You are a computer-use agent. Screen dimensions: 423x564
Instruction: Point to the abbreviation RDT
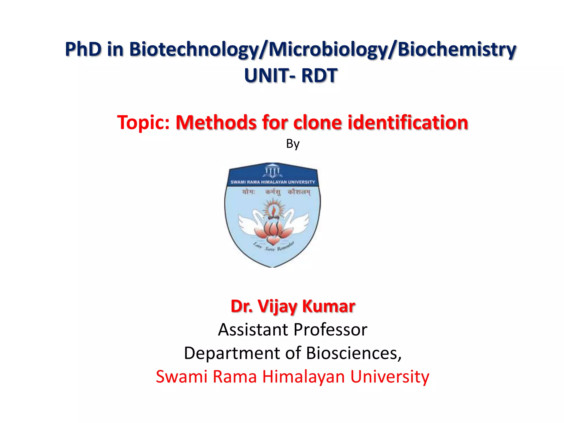coord(319,75)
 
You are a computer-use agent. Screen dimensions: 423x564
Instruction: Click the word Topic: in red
coord(143,122)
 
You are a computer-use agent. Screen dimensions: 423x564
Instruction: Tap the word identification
coord(408,122)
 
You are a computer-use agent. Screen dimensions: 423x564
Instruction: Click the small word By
coord(293,144)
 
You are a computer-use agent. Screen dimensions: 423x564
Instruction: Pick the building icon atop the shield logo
coord(272,170)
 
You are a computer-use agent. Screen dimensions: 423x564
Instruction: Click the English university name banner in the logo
coord(273,182)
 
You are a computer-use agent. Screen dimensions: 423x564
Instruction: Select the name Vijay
coord(277,306)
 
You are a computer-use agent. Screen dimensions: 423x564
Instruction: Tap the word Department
coord(232,353)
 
